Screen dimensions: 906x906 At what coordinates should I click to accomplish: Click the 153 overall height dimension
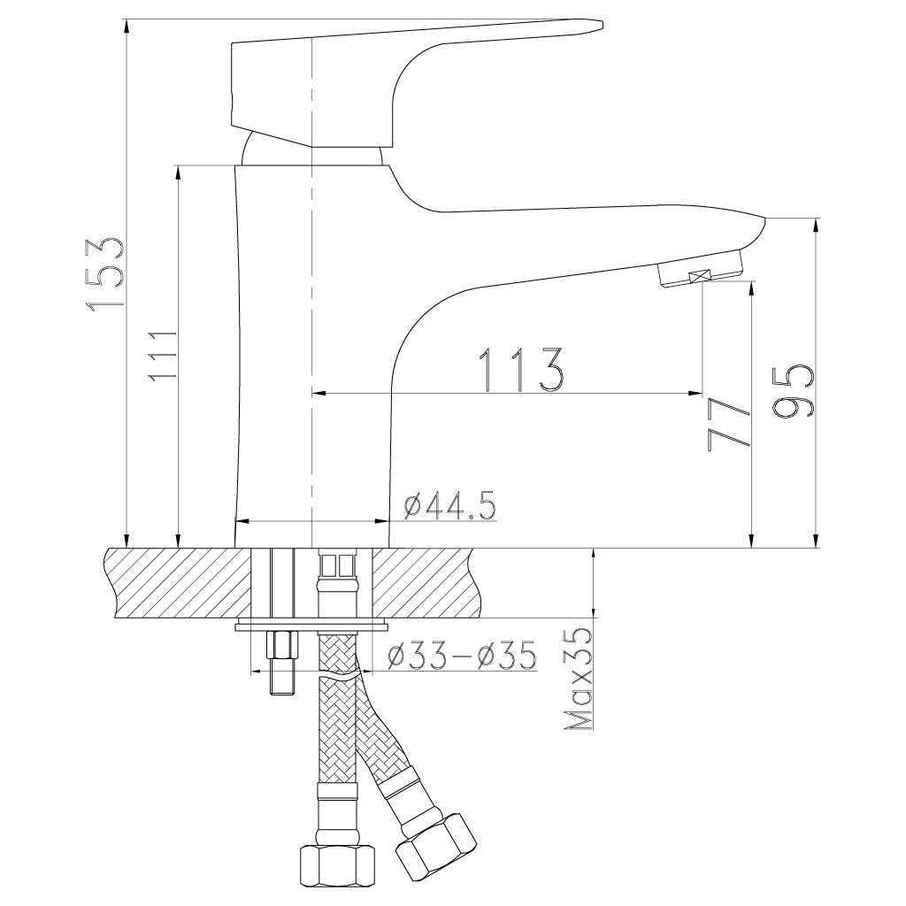pyautogui.click(x=105, y=276)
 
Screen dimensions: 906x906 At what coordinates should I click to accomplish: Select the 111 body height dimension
pyautogui.click(x=162, y=356)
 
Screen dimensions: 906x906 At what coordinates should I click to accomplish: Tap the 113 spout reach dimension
pyautogui.click(x=521, y=370)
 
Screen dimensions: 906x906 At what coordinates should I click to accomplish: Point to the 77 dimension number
pyautogui.click(x=727, y=424)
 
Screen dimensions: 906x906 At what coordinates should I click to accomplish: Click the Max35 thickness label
pyautogui.click(x=580, y=680)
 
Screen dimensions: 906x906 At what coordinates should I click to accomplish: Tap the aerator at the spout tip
pyautogui.click(x=701, y=268)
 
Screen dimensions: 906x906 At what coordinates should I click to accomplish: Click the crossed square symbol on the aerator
pyautogui.click(x=701, y=276)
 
